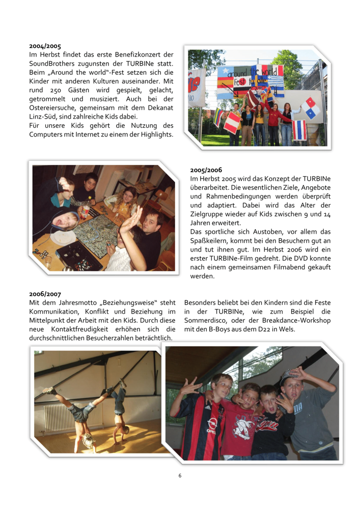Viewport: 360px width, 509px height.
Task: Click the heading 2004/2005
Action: (x=45, y=46)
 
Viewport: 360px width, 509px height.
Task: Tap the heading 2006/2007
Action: (x=45, y=294)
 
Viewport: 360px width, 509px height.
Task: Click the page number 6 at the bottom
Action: (x=180, y=475)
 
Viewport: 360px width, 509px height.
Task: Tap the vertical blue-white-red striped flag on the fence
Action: (x=298, y=130)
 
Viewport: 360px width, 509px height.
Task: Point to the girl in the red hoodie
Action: (x=270, y=116)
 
